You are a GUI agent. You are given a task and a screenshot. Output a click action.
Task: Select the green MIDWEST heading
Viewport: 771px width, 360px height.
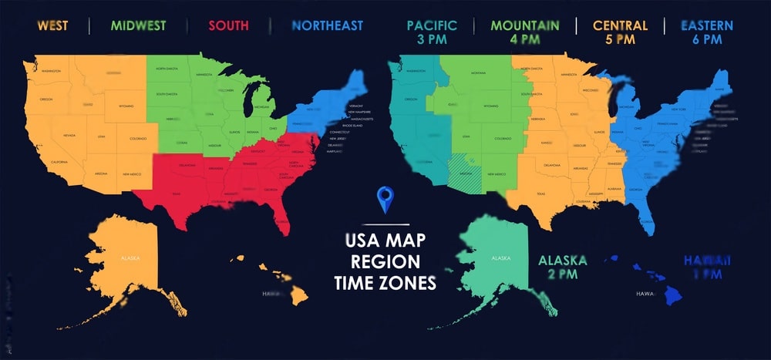(x=138, y=25)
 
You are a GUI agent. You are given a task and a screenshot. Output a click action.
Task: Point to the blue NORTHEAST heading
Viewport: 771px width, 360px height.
(x=327, y=25)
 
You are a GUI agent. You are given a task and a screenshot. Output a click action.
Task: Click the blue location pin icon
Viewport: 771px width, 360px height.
(x=385, y=200)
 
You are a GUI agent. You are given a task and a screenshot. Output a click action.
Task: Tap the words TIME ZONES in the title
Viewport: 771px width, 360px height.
(x=385, y=283)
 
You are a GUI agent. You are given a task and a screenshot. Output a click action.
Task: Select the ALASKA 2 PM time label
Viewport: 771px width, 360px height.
(x=562, y=267)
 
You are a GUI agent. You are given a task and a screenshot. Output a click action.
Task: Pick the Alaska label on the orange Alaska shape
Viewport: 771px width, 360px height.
(x=129, y=257)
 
